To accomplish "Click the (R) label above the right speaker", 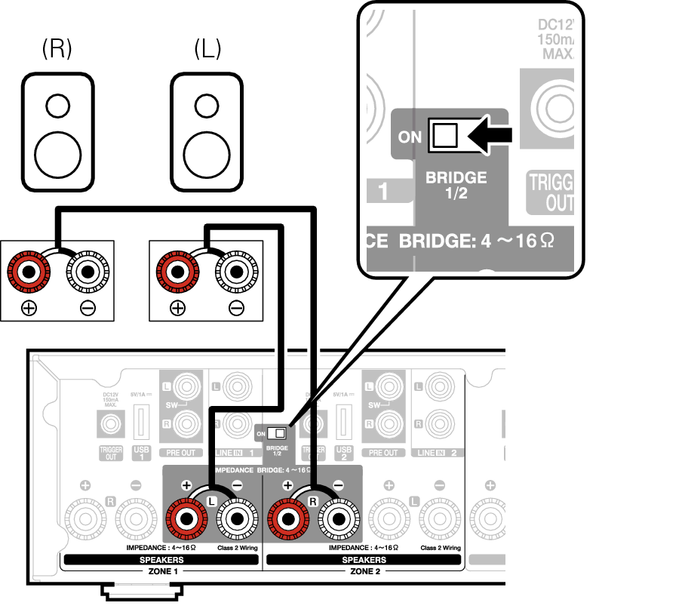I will point(57,49).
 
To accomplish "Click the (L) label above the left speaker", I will point(207,49).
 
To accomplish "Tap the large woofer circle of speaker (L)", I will point(207,153).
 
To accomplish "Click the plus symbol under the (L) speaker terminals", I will point(177,307).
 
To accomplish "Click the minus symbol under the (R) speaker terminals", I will point(88,307).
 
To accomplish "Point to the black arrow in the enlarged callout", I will point(491,136).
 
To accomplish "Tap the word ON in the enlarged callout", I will point(410,137).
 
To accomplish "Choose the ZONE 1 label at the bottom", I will point(161,572).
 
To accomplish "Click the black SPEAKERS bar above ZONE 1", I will point(161,560).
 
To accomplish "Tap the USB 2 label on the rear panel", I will point(343,454).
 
